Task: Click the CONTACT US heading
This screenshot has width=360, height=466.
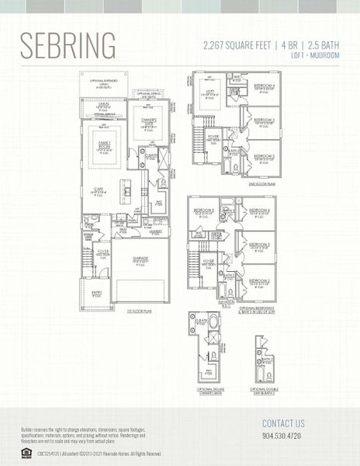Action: pos(283,424)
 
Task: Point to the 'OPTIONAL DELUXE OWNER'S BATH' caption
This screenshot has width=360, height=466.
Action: pos(203,389)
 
